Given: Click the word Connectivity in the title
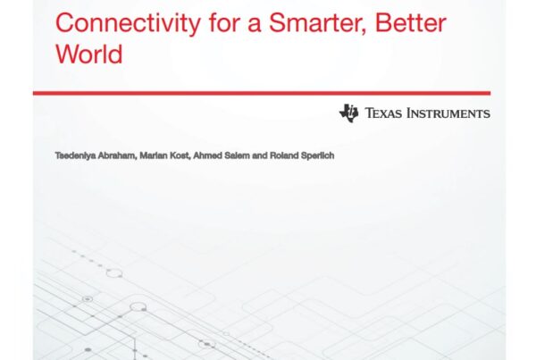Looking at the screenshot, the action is click(128, 23).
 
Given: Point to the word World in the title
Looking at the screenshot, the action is click(88, 54).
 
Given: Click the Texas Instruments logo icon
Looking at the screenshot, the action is click(348, 113).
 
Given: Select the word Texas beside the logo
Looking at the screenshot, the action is click(383, 113).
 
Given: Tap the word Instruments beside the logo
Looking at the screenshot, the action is click(448, 113).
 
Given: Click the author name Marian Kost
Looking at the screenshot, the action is click(164, 156).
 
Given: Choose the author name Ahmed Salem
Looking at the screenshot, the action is click(222, 156).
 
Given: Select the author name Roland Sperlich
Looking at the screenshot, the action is click(302, 156).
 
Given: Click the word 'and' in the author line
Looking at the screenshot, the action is click(260, 156).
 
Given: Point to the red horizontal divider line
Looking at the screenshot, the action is click(262, 93).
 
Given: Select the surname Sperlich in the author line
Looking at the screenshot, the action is click(317, 156).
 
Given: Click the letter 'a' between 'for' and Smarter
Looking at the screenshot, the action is click(254, 25).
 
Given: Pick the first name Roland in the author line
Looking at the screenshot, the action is click(284, 156).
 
